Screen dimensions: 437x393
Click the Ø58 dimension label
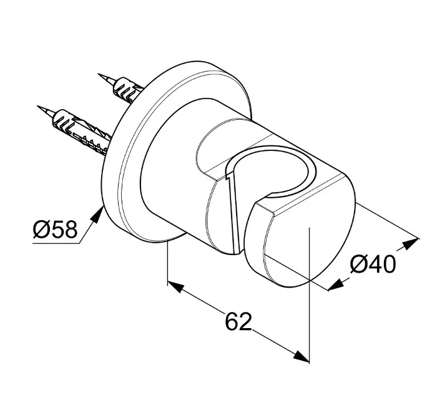55,230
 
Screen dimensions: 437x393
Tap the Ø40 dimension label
373,264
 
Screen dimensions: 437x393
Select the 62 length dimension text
238,321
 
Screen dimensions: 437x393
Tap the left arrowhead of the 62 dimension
176,287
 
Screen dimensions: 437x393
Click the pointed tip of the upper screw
99,74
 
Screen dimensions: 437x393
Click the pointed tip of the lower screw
38,107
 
